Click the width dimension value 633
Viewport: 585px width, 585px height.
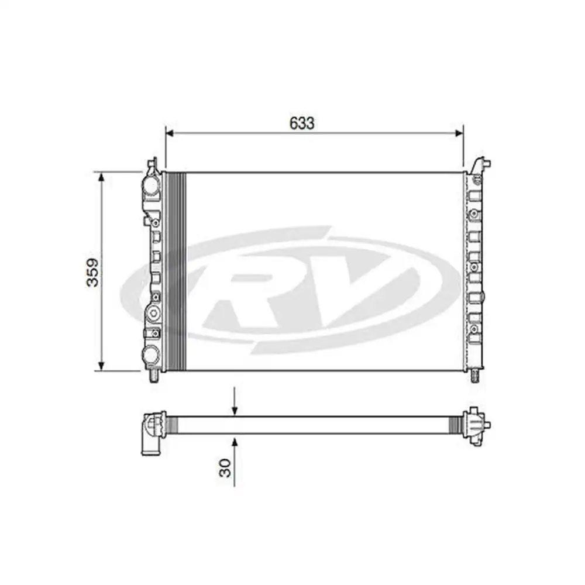[x=302, y=123]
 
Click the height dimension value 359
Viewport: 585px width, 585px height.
[x=93, y=272]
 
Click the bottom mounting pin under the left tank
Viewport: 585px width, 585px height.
[x=154, y=376]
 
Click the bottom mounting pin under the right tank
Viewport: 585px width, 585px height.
[x=475, y=376]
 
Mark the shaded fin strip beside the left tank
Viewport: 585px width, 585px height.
[x=176, y=272]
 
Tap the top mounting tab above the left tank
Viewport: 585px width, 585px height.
[x=153, y=164]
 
